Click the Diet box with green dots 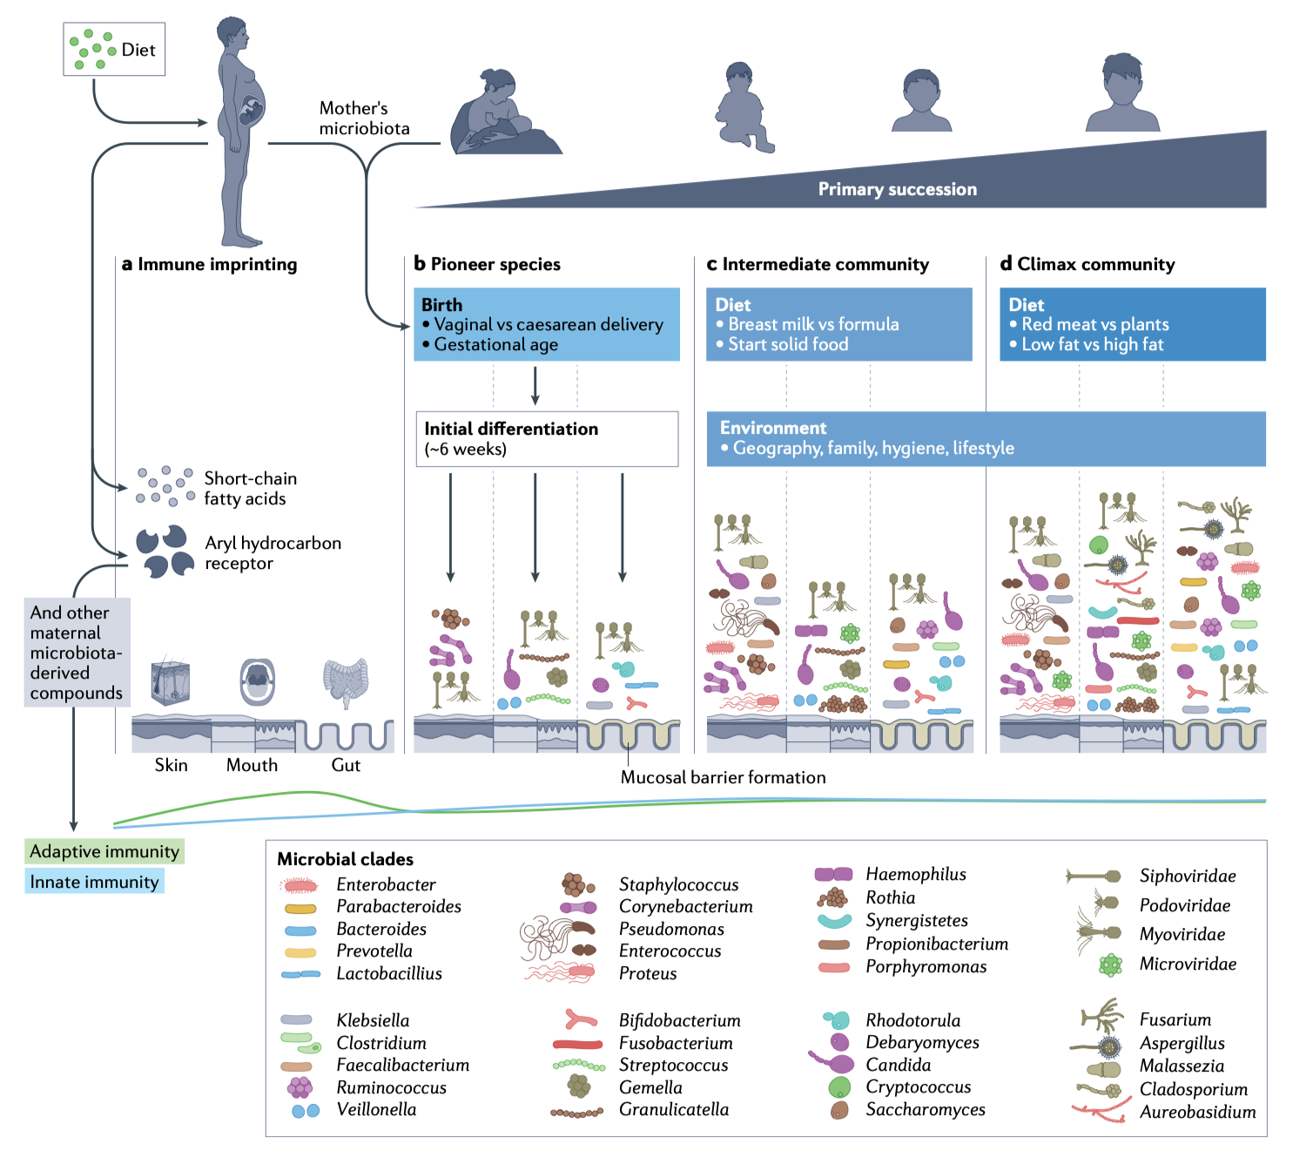coord(114,50)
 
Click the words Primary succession coord(897,189)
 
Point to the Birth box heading coord(442,305)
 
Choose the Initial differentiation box coord(546,439)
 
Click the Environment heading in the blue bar coord(773,428)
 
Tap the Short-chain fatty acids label coord(250,489)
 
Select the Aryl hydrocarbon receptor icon coord(165,551)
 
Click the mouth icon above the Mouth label coord(258,681)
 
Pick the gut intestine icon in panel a coord(346,682)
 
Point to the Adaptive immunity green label coord(104,851)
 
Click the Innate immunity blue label coord(94,882)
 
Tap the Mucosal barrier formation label coord(723,777)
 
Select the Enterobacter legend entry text coord(386,884)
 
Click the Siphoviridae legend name coord(1187,876)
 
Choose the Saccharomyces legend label coord(925,1109)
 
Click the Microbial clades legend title coord(345,859)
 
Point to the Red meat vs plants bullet coord(1094,324)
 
